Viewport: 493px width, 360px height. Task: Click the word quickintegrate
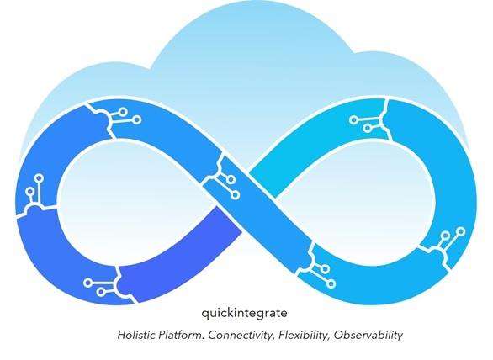click(244, 314)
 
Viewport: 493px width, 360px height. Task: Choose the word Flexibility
click(303, 336)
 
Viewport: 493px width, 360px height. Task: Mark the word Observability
click(368, 336)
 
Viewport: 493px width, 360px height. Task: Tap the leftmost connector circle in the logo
click(30, 191)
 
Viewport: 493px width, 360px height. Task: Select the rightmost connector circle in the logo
click(461, 232)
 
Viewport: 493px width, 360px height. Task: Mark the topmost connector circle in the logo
click(123, 112)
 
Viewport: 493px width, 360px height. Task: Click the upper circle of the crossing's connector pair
click(231, 179)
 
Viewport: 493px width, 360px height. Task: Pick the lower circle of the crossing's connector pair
click(236, 195)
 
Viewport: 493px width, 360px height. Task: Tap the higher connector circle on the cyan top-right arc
click(353, 119)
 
